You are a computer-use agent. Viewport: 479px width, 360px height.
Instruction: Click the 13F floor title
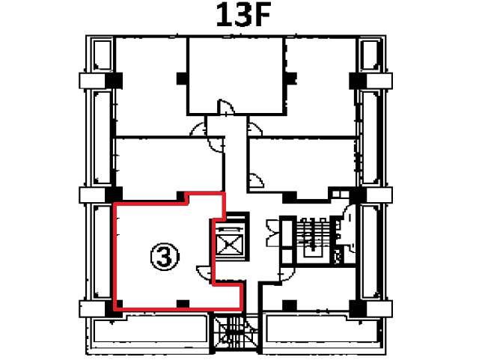[243, 15]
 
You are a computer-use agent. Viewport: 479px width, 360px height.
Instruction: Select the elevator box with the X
[230, 245]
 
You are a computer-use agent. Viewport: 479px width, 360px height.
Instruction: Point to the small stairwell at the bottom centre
[235, 333]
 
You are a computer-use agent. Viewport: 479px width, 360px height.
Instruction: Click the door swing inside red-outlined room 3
[204, 274]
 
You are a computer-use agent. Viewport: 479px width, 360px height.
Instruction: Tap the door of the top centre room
[225, 108]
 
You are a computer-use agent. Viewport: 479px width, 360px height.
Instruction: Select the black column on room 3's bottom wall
[183, 304]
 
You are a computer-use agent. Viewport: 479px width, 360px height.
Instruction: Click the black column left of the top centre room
[182, 79]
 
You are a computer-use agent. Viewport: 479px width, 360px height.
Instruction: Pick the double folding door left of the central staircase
[273, 233]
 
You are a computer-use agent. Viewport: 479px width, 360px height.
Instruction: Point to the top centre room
[235, 76]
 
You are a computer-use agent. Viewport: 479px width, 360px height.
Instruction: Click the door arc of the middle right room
[257, 180]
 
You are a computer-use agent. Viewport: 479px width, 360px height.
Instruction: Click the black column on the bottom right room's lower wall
[290, 305]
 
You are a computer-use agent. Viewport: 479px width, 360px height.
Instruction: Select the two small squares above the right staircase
[341, 194]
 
